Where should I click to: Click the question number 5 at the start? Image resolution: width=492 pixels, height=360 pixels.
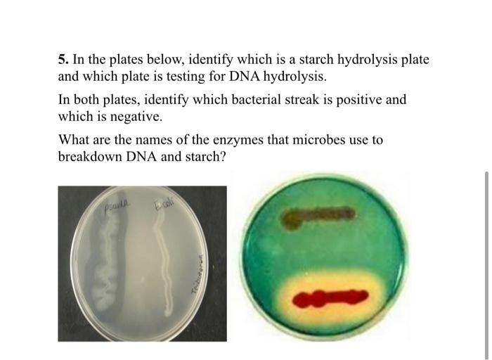point(62,60)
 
